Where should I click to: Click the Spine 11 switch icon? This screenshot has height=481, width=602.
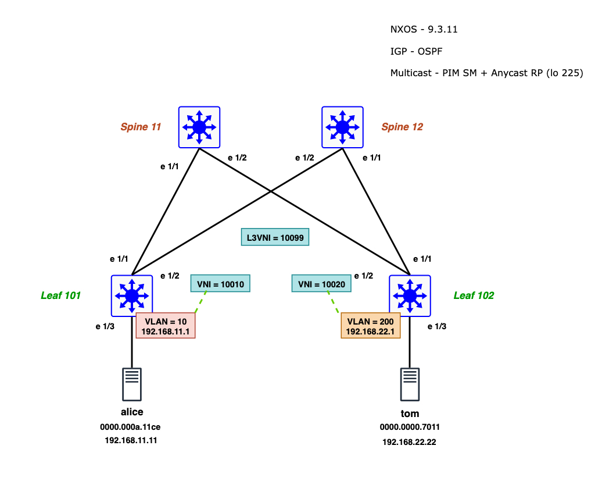click(199, 127)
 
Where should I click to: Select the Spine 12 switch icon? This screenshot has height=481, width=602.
click(342, 127)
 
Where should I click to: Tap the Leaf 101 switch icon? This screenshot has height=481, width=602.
click(132, 295)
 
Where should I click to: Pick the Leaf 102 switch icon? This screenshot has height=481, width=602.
click(410, 295)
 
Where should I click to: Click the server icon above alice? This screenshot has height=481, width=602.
click(132, 384)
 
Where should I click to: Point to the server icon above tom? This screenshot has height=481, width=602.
click(410, 384)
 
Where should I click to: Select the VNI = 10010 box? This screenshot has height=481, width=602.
click(220, 284)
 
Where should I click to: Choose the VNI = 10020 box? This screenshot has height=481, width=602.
click(321, 284)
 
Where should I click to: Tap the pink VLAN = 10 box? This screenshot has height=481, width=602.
click(166, 326)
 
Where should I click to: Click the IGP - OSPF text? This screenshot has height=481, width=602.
click(417, 51)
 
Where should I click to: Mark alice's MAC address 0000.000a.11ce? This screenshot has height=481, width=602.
click(131, 427)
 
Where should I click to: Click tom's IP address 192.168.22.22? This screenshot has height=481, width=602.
click(409, 442)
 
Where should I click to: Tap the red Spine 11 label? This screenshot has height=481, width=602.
click(141, 127)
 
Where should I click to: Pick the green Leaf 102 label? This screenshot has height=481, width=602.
click(474, 295)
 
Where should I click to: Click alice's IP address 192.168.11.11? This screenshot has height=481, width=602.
click(131, 441)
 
